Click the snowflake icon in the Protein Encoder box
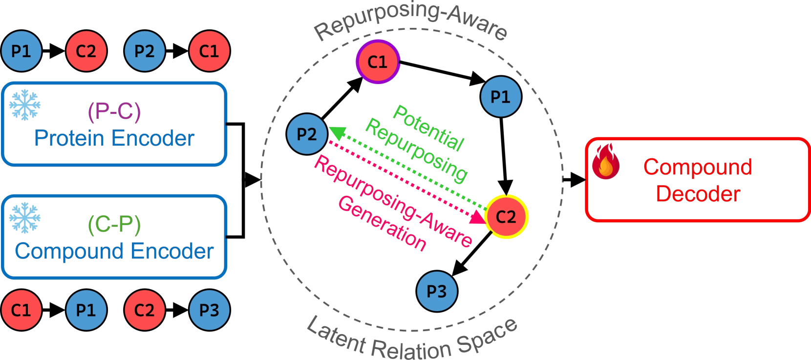pyautogui.click(x=25, y=105)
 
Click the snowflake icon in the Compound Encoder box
pyautogui.click(x=25, y=217)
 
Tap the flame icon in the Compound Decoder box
pyautogui.click(x=605, y=162)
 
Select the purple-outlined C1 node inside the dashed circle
pyautogui.click(x=378, y=62)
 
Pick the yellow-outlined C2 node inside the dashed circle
pyautogui.click(x=506, y=217)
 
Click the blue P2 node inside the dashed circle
pyautogui.click(x=307, y=134)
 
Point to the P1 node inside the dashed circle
pyautogui.click(x=501, y=97)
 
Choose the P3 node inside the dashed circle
pyautogui.click(x=437, y=292)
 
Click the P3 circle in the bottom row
pyautogui.click(x=209, y=310)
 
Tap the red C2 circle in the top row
pyautogui.click(x=86, y=51)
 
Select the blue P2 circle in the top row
pyautogui.click(x=144, y=51)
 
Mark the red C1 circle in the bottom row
pyautogui.click(x=21, y=310)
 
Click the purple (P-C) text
pyautogui.click(x=114, y=111)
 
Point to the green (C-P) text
pyautogui.click(x=114, y=224)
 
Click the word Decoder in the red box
pyautogui.click(x=698, y=194)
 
